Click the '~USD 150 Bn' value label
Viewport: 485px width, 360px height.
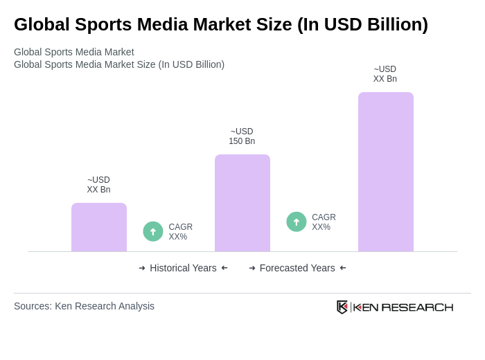click(242, 136)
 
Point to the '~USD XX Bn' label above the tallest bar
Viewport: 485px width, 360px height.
click(385, 74)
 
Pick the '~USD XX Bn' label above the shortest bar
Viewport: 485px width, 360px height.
click(98, 185)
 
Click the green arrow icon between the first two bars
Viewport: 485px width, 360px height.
click(153, 231)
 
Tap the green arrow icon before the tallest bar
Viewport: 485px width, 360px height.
click(297, 222)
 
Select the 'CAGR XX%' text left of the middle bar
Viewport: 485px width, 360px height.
click(180, 232)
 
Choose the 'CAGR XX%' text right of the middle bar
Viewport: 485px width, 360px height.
click(324, 222)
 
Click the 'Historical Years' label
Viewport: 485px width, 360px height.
click(183, 268)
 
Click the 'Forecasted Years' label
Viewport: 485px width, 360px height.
click(297, 268)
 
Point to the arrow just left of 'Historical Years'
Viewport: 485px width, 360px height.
click(142, 268)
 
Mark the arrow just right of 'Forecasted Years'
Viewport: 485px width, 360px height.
click(343, 268)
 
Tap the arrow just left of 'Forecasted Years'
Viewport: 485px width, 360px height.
click(252, 268)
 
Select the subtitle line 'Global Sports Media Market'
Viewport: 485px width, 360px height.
click(74, 52)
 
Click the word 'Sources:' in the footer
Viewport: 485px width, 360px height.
click(33, 306)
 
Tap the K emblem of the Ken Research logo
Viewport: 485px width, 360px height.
click(342, 307)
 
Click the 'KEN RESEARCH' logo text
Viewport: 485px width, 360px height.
click(403, 307)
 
